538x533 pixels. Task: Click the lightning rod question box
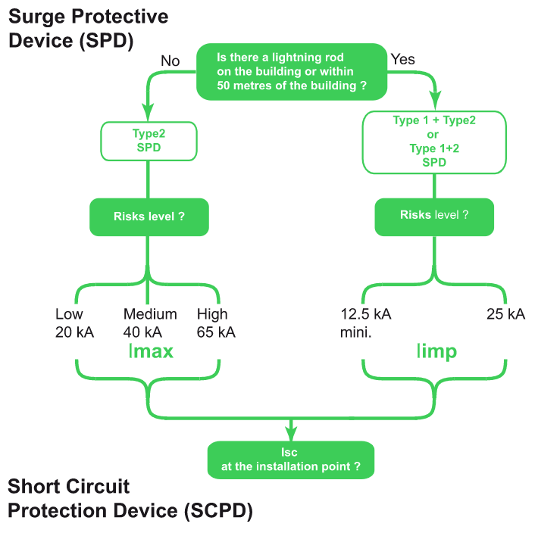(x=292, y=73)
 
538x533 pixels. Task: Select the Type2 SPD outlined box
(x=149, y=141)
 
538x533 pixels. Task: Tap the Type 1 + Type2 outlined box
(x=434, y=141)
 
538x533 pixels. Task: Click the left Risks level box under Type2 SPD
(x=149, y=217)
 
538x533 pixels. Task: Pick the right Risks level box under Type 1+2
(x=434, y=215)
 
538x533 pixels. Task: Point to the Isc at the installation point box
(x=291, y=460)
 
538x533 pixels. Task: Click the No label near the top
(x=170, y=61)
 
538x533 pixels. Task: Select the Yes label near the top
(x=402, y=59)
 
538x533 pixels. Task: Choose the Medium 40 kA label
(x=150, y=323)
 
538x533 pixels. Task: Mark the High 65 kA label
(x=215, y=323)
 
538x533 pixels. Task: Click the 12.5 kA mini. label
(x=365, y=323)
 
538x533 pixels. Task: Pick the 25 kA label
(x=505, y=314)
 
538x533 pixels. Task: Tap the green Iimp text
(x=437, y=351)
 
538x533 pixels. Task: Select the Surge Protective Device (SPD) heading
(x=89, y=29)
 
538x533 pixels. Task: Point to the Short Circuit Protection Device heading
(x=130, y=499)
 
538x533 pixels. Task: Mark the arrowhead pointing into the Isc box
(x=291, y=435)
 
